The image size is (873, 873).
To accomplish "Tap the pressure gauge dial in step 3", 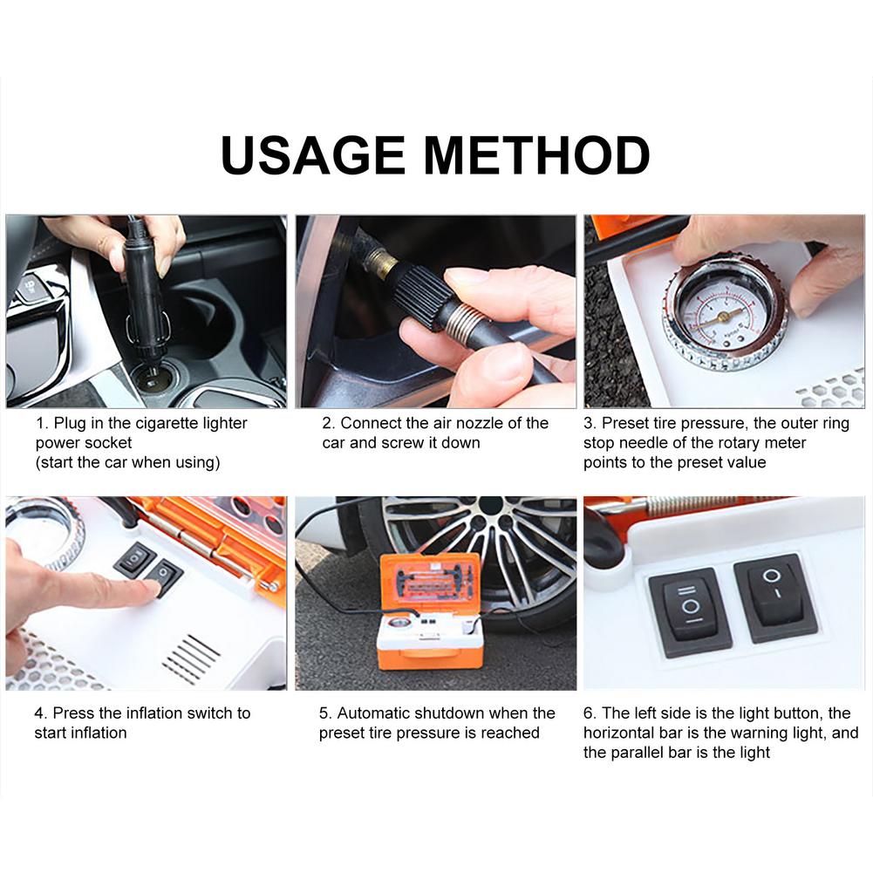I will click(x=724, y=315).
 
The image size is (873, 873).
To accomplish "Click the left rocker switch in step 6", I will click(x=690, y=610).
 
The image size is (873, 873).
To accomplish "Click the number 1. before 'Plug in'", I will click(x=42, y=424).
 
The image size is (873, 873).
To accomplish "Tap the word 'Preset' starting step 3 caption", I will click(x=625, y=424).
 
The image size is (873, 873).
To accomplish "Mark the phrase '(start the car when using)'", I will click(x=127, y=462).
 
